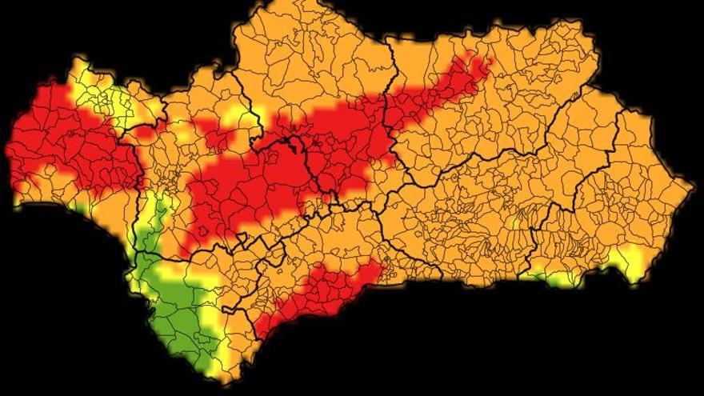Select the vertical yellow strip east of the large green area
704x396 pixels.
point(212,320)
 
